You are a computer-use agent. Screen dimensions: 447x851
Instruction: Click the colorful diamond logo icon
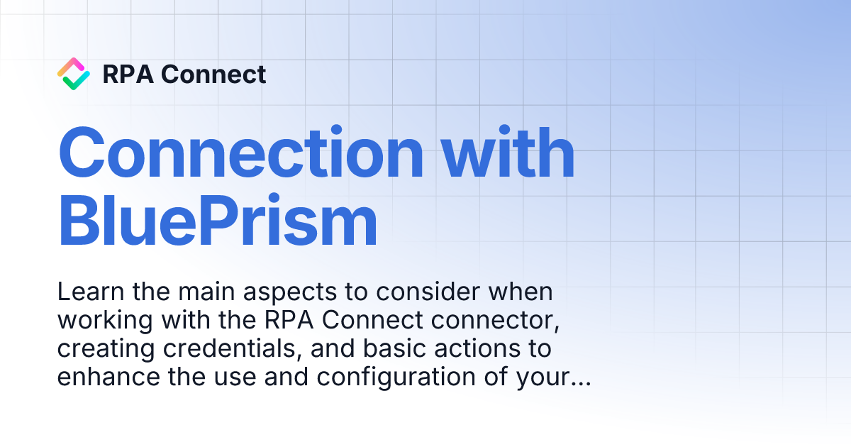click(x=73, y=74)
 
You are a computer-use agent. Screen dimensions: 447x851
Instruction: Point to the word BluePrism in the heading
click(x=218, y=221)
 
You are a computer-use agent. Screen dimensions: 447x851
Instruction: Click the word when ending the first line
click(x=517, y=292)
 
